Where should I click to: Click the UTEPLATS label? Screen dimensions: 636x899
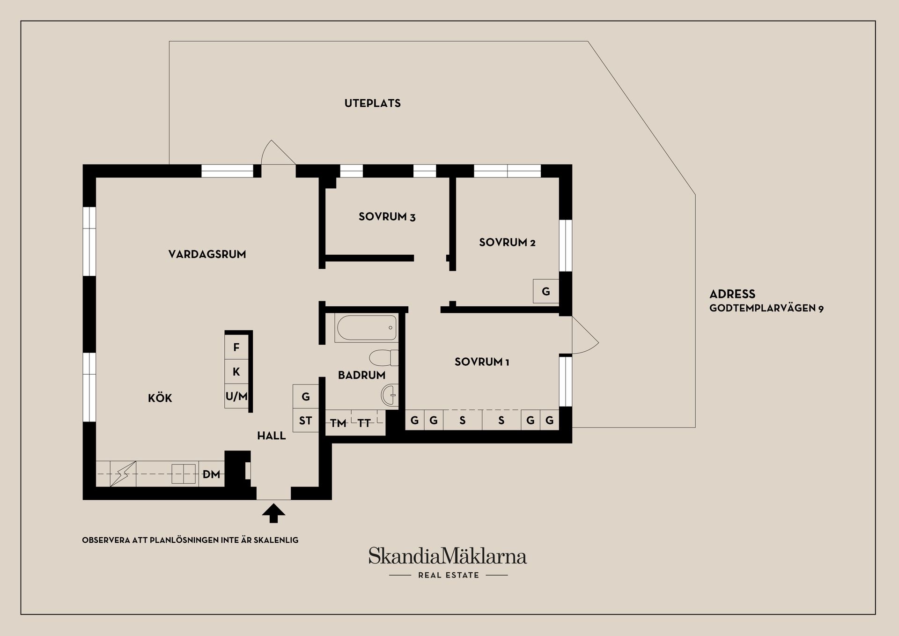pyautogui.click(x=372, y=104)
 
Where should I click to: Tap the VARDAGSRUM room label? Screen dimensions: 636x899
pyautogui.click(x=207, y=254)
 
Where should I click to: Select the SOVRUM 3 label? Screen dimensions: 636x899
pyautogui.click(x=387, y=217)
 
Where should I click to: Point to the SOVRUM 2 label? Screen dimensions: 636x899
pyautogui.click(x=507, y=243)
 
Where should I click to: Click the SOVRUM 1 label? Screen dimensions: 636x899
pyautogui.click(x=481, y=362)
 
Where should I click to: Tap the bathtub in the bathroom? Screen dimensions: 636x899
pyautogui.click(x=366, y=328)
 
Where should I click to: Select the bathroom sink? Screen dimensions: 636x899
pyautogui.click(x=389, y=395)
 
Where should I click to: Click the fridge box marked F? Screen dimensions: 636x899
pyautogui.click(x=236, y=348)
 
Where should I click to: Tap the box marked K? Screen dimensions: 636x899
pyautogui.click(x=236, y=372)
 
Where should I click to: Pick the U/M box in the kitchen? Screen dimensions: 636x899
pyautogui.click(x=236, y=397)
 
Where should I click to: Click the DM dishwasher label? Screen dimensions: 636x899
pyautogui.click(x=211, y=474)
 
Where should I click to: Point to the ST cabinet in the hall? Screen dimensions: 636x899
pyautogui.click(x=305, y=421)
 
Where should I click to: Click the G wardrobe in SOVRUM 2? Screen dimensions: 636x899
pyautogui.click(x=545, y=291)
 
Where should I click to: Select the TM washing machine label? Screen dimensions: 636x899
pyautogui.click(x=338, y=423)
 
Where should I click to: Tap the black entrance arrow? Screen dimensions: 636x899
pyautogui.click(x=273, y=513)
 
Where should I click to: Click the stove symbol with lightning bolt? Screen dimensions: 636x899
pyautogui.click(x=123, y=474)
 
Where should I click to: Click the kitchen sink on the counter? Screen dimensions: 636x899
pyautogui.click(x=183, y=474)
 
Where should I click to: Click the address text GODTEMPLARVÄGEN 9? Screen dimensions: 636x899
pyautogui.click(x=766, y=308)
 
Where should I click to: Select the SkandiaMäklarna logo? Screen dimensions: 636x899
pyautogui.click(x=448, y=556)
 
